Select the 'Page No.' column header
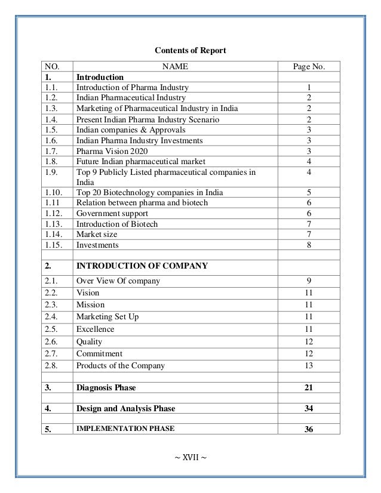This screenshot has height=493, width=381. click(x=309, y=67)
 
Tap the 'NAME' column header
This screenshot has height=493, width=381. click(x=176, y=67)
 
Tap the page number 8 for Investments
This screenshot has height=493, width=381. click(x=309, y=245)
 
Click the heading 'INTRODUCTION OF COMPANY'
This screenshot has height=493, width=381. click(x=142, y=266)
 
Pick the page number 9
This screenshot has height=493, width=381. click(x=309, y=280)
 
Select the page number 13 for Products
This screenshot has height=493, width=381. click(x=309, y=365)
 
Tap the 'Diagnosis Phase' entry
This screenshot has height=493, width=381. click(x=106, y=387)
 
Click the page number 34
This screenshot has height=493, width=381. click(x=309, y=409)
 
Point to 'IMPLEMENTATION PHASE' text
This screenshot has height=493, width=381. click(x=125, y=429)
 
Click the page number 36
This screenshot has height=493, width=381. click(x=309, y=430)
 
